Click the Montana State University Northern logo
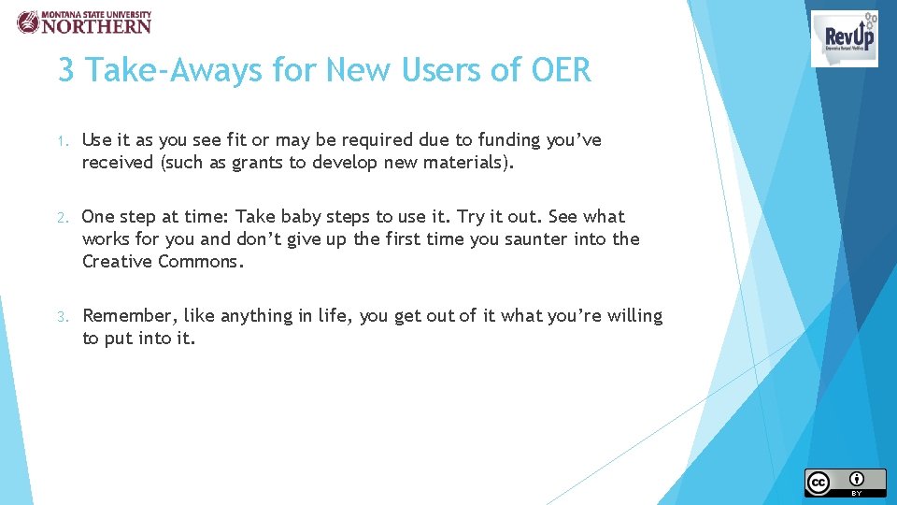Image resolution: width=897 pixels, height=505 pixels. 84,22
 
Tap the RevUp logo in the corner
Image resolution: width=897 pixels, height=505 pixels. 844,38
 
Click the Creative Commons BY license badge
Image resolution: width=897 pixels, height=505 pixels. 845,482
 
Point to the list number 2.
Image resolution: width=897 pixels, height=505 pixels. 62,218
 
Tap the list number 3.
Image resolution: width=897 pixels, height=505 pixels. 62,317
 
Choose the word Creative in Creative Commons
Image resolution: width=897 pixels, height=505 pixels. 116,261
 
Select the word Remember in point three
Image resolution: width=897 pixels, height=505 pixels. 129,315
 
